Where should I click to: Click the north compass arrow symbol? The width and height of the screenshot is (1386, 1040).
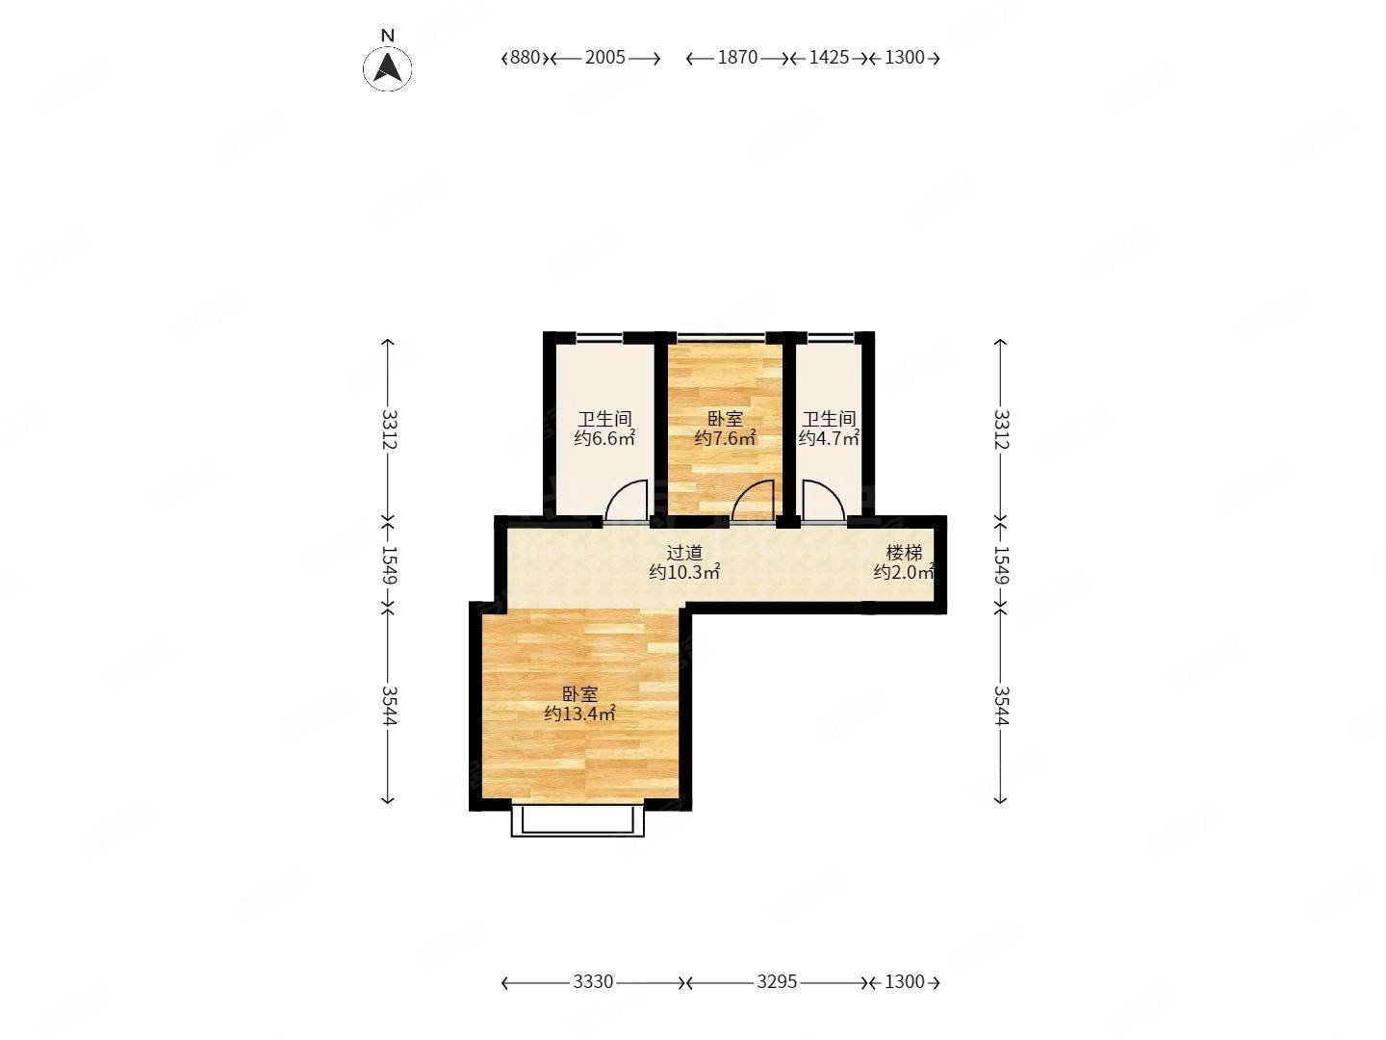pos(387,67)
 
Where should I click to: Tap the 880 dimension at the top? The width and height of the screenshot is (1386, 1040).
pos(525,58)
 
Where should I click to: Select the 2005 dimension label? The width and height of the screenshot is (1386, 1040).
pos(604,58)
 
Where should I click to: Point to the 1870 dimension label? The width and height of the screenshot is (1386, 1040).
pos(737,58)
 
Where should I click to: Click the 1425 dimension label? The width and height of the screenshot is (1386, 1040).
pos(829,58)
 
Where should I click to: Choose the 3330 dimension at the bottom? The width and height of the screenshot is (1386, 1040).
pos(593,982)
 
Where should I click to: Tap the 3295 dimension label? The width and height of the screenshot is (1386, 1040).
pos(777,982)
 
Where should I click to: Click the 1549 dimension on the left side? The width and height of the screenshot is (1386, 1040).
pos(389,564)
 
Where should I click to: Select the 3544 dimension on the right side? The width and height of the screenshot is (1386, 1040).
pos(1001,705)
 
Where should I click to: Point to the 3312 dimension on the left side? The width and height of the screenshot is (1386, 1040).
pos(389,429)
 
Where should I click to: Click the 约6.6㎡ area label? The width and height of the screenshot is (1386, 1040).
pos(604,437)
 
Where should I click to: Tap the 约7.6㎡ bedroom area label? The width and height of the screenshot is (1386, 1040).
pos(725,437)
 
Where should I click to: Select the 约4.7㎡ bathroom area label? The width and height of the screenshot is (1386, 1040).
pos(829,437)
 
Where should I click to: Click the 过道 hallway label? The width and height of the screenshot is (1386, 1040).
pos(684,553)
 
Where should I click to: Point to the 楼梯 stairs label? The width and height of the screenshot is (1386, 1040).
pos(904,553)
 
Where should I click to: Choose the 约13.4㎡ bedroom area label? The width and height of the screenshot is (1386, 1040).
pos(579,715)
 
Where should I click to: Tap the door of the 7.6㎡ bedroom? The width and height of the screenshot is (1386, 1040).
pos(753,501)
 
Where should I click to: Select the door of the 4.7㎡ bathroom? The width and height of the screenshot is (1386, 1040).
pos(823,501)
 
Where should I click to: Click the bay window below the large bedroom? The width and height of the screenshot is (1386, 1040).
pos(577,820)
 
